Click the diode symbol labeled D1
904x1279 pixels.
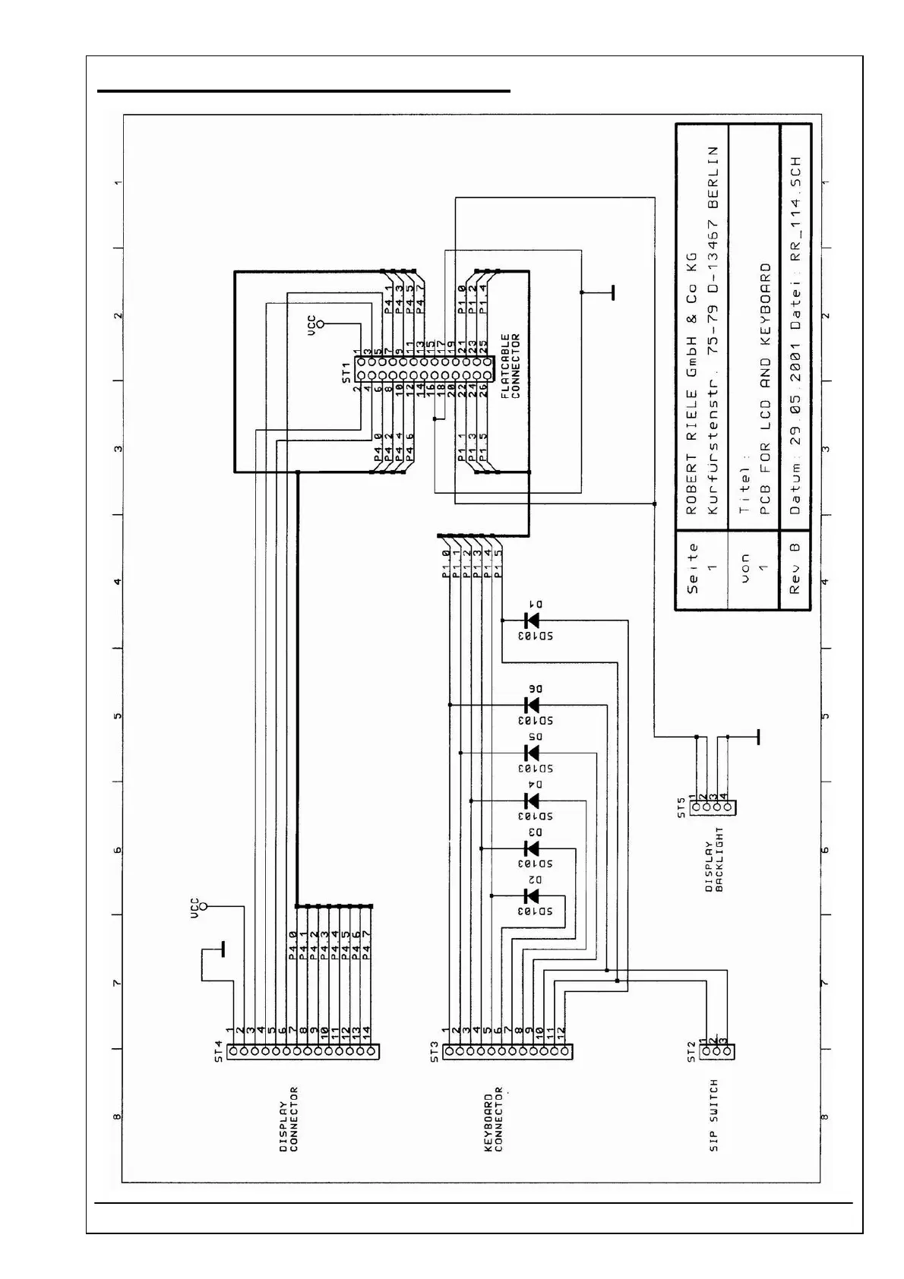[x=532, y=621]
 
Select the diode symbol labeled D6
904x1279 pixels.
[x=532, y=705]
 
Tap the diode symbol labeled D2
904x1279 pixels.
[x=532, y=896]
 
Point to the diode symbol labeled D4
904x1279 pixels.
[x=532, y=801]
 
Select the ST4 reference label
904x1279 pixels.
[x=219, y=1050]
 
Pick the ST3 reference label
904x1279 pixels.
[x=434, y=1051]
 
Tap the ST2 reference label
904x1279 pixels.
[x=692, y=1051]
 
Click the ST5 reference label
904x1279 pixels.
[x=681, y=807]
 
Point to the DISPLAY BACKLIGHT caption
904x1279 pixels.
[x=714, y=866]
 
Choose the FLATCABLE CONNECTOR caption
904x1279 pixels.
[x=510, y=365]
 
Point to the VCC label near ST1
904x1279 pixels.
[x=311, y=324]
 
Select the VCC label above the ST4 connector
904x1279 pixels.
[x=194, y=908]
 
